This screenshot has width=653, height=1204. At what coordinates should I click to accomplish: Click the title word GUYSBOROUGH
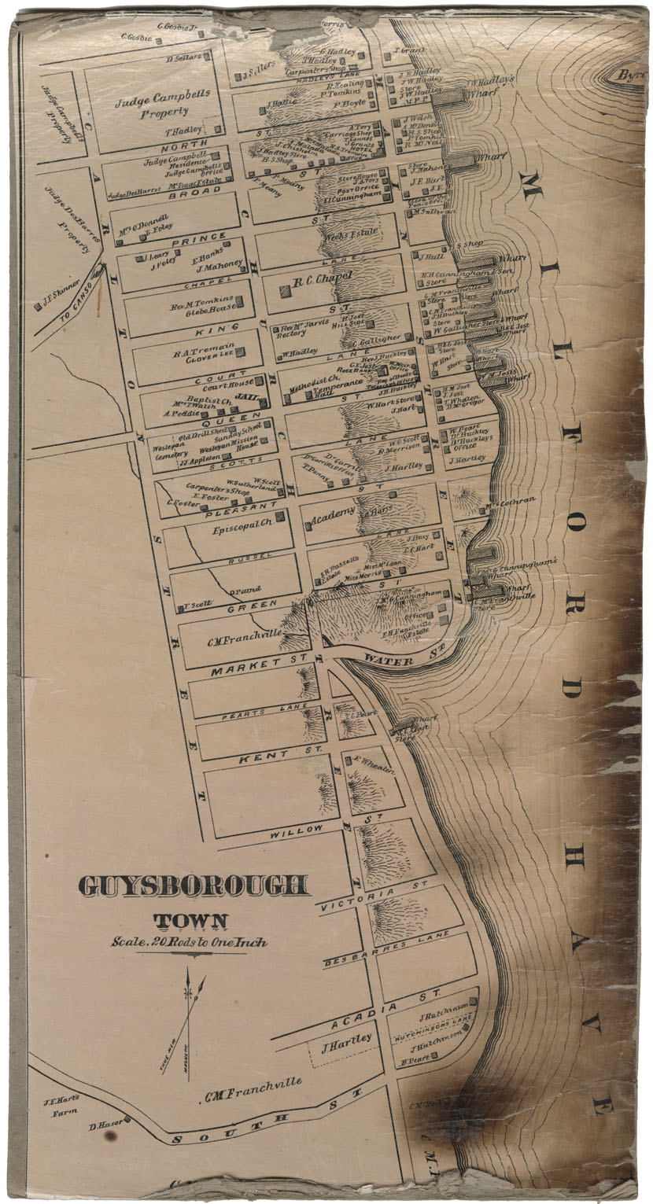pyautogui.click(x=194, y=886)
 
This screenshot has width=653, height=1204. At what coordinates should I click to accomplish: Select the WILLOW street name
pyautogui.click(x=297, y=830)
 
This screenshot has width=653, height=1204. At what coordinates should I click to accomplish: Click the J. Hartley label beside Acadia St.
pyautogui.click(x=347, y=1040)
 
